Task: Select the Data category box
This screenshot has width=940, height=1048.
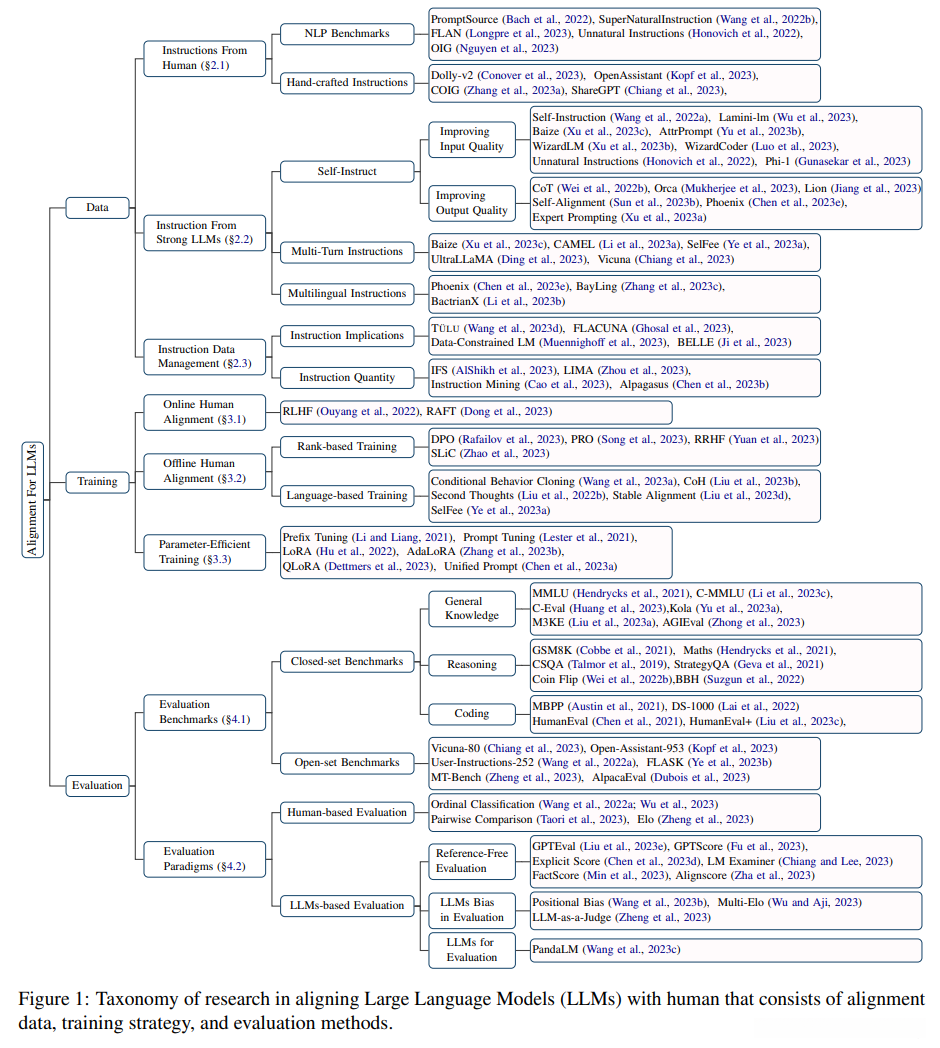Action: (x=98, y=208)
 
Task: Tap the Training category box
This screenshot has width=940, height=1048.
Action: (x=98, y=481)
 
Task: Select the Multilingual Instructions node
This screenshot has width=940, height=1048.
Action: (x=347, y=293)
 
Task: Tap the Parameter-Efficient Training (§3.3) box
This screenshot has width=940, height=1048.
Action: (x=205, y=552)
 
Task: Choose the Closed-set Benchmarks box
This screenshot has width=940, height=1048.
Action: (x=346, y=661)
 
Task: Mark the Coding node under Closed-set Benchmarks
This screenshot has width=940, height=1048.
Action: (x=471, y=713)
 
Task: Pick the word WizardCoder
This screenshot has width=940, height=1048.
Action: (x=744, y=146)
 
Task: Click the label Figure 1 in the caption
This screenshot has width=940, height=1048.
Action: (x=51, y=999)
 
